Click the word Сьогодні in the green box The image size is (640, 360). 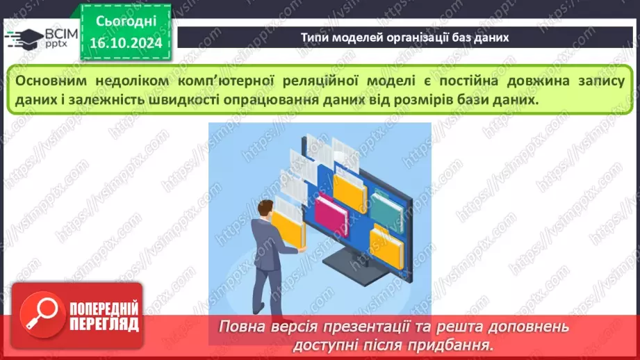point(126,22)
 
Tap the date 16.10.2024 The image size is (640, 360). point(126,44)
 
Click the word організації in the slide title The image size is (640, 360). point(405,38)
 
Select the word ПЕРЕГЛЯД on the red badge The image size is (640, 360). point(104,324)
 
